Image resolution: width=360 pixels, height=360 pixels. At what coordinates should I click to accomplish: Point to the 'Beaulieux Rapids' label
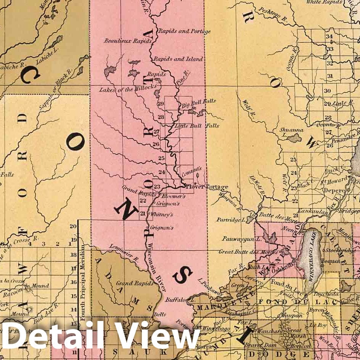(122, 41)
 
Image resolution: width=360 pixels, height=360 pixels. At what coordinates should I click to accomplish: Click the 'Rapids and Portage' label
(184, 31)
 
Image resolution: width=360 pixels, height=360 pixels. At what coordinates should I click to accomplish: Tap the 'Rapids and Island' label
(178, 59)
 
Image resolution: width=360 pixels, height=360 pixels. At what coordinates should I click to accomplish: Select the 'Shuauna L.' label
(291, 132)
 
